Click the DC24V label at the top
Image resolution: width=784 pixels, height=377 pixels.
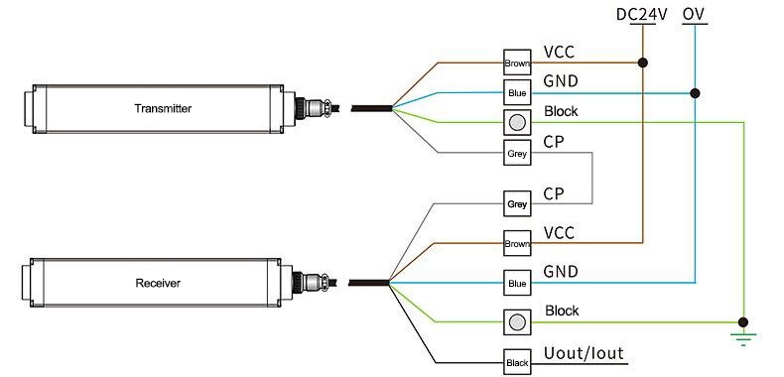643,16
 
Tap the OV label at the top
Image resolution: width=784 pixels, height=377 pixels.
695,16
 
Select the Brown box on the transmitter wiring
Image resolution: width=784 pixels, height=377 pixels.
517,63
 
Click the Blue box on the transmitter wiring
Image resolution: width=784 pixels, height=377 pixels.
517,93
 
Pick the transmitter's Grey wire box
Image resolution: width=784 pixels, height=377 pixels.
517,155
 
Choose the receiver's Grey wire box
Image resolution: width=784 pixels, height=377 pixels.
517,204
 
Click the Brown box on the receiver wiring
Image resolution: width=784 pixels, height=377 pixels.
517,243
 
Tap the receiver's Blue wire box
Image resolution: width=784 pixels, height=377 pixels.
517,283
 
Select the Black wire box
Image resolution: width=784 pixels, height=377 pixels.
517,363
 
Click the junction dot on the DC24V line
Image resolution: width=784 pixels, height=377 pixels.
644,63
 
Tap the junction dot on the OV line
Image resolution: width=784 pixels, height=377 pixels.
695,94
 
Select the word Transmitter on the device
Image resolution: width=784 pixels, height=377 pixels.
161,107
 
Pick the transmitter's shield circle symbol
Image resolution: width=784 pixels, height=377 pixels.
517,123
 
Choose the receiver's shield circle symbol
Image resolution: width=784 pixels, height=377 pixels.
517,322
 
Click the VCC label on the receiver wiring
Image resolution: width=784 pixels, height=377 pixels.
559,233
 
